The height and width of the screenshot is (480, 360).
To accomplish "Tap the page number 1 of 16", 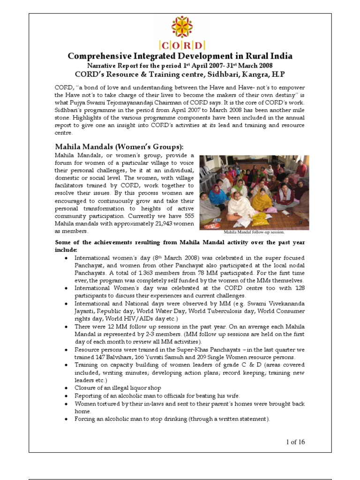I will (294, 442).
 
